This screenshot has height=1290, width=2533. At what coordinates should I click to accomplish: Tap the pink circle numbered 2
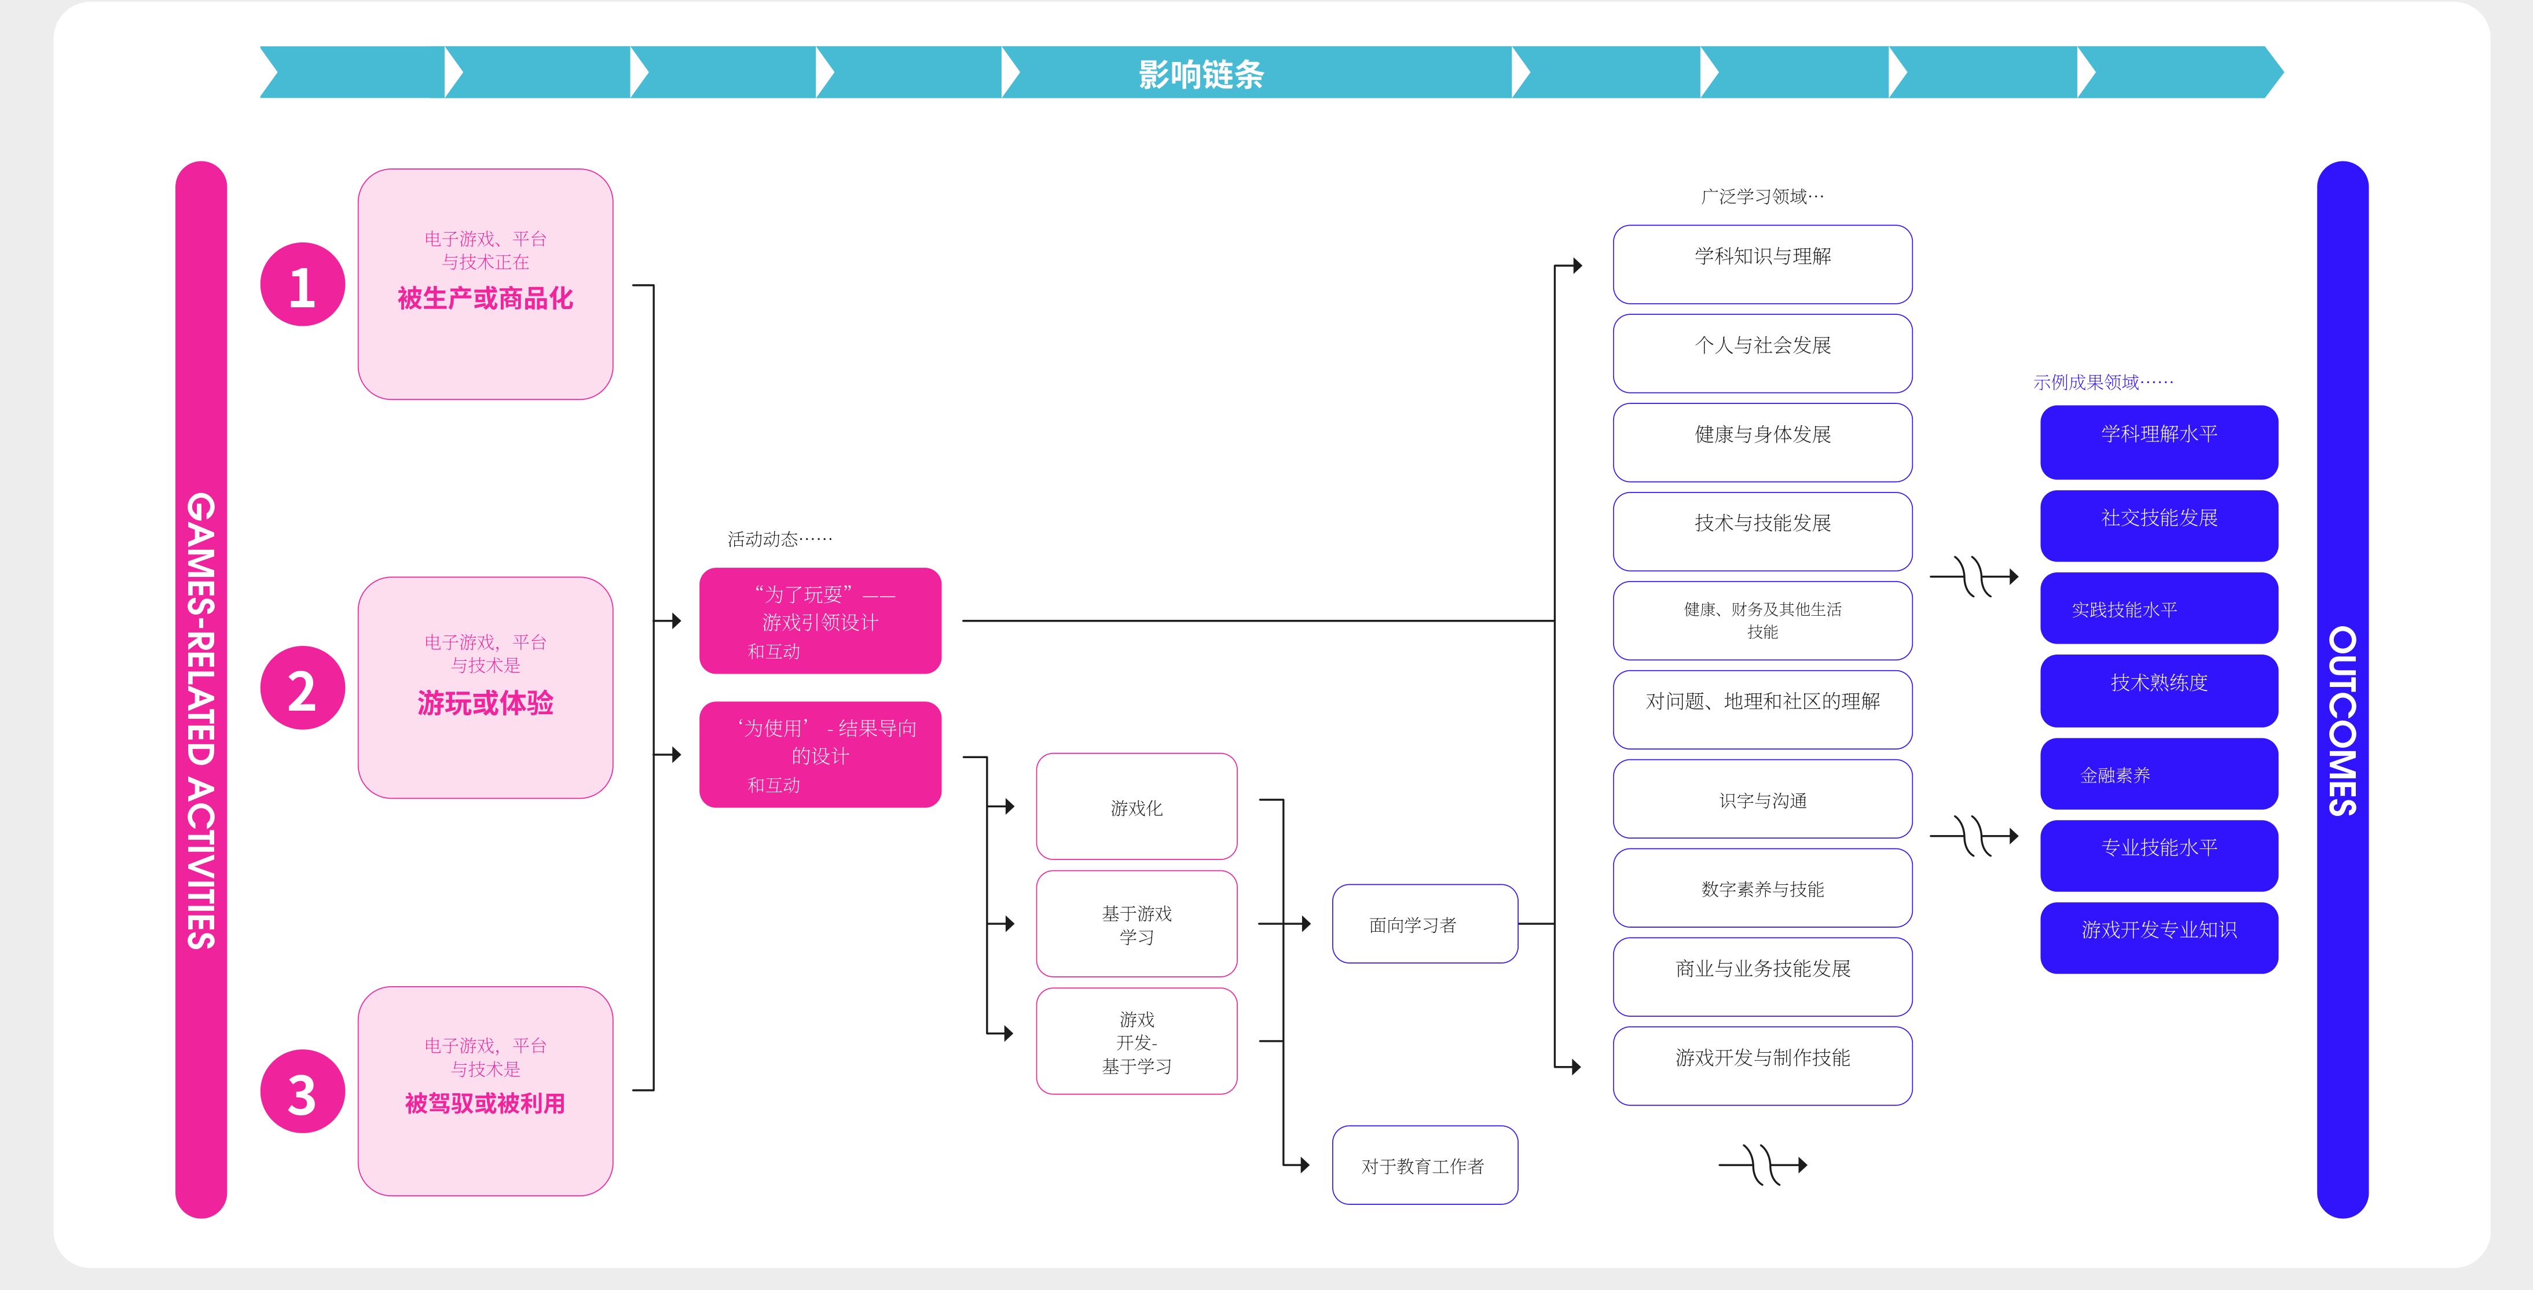[x=302, y=688]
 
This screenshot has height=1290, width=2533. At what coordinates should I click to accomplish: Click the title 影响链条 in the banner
[x=1201, y=73]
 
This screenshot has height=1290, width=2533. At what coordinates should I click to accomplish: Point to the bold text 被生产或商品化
[x=485, y=298]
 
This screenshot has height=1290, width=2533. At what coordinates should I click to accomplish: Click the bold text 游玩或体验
[x=485, y=703]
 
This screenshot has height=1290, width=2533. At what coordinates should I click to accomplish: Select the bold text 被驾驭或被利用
[x=485, y=1103]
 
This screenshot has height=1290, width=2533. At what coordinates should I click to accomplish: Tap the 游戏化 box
[x=1137, y=806]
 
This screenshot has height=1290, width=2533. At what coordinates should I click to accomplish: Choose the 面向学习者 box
[x=1425, y=923]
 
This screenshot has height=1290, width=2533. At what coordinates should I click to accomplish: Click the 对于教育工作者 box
[x=1425, y=1165]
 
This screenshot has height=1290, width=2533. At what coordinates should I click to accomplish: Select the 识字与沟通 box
[x=1762, y=799]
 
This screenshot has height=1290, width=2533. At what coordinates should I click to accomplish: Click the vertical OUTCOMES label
[x=2343, y=721]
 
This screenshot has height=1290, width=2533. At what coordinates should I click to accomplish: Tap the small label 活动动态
[x=779, y=539]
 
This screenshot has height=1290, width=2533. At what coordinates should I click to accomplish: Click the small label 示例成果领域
[x=2103, y=381]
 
